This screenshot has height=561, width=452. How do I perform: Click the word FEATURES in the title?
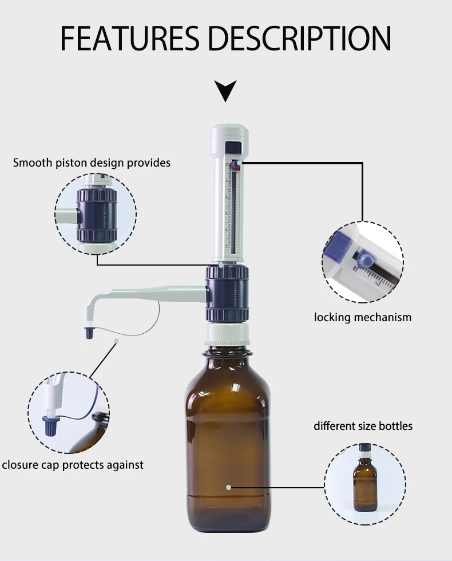pyautogui.click(x=131, y=39)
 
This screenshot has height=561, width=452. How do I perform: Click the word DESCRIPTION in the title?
pyautogui.click(x=299, y=39)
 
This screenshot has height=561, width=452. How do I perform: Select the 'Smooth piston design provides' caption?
pyautogui.click(x=92, y=163)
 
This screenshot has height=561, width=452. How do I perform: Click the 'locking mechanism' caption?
pyautogui.click(x=362, y=317)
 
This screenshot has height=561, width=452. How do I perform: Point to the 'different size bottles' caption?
pyautogui.click(x=363, y=426)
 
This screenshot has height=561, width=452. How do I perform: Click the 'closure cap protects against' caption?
pyautogui.click(x=72, y=465)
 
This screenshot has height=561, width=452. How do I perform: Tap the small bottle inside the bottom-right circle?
pyautogui.click(x=364, y=477)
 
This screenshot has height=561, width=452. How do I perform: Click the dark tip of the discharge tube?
pyautogui.click(x=89, y=333)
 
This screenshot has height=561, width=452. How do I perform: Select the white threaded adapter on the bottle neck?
pyautogui.click(x=227, y=334)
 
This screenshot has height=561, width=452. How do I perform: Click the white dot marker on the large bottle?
pyautogui.click(x=228, y=488)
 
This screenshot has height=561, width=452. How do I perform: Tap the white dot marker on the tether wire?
pyautogui.click(x=116, y=341)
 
